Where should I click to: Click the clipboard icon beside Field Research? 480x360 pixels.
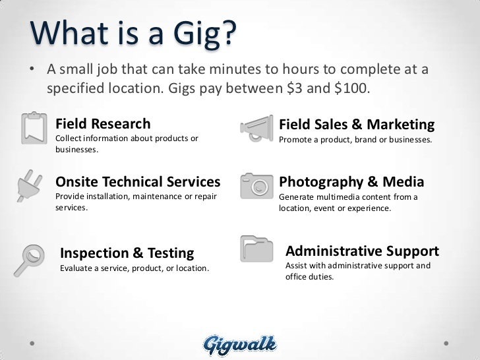34,128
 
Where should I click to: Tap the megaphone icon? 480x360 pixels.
256,129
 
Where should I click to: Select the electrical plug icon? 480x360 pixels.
29,186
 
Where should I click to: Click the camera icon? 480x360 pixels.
256,186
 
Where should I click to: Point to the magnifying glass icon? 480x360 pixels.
30,260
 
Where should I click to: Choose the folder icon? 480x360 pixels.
256,249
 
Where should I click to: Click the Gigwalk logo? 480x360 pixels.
240,345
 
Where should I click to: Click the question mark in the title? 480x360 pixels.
228,33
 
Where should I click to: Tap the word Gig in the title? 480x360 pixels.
196,34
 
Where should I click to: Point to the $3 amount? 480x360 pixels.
295,88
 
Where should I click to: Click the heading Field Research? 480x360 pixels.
103,124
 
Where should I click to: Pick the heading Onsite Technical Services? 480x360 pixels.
138,181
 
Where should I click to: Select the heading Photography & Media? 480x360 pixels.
351,182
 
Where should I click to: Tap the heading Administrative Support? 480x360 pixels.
362,251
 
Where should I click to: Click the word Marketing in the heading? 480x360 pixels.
401,125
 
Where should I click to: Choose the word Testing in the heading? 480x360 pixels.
171,253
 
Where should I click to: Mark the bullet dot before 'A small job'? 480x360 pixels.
32,69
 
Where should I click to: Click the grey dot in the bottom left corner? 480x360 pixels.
32,344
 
